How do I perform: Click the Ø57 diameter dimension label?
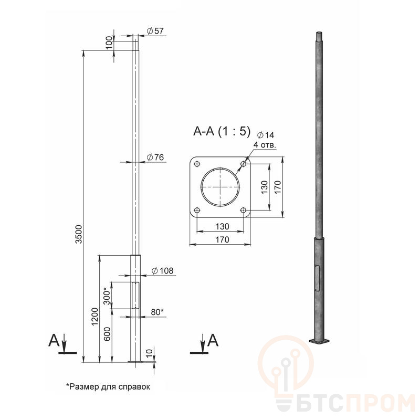tap(155, 31)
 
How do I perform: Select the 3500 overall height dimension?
tap(79, 234)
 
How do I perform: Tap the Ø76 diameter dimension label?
tap(155, 157)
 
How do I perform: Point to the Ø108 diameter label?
tap(163, 271)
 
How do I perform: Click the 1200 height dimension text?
tap(95, 317)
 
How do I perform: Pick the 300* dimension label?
tap(107, 296)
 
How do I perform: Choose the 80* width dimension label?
tap(157, 312)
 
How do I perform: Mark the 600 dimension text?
tap(107, 334)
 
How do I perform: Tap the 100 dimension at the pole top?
tap(109, 43)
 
